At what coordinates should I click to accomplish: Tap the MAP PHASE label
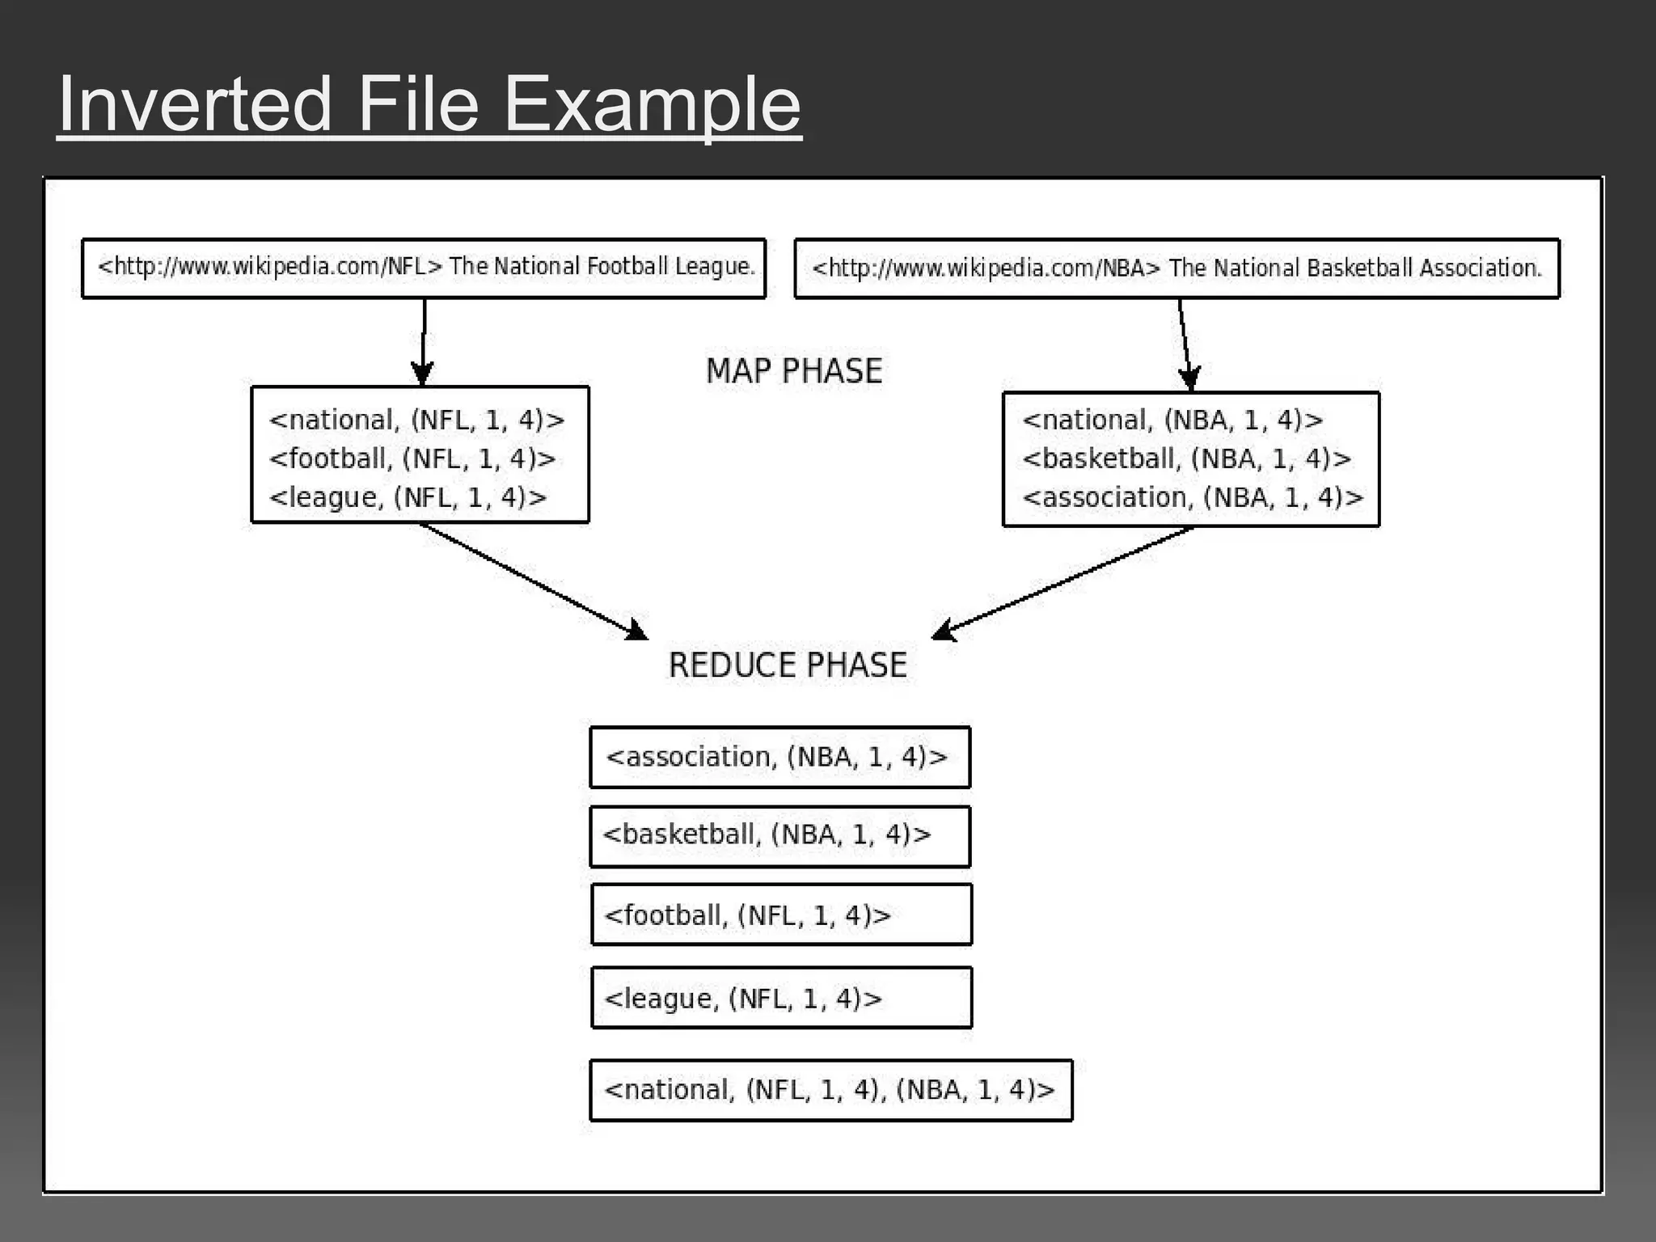(793, 371)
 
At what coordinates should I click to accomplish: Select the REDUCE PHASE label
(788, 665)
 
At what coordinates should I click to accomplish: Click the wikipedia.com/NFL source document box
(424, 268)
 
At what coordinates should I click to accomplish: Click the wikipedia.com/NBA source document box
(1177, 268)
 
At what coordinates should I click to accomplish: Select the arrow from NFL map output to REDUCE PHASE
(534, 581)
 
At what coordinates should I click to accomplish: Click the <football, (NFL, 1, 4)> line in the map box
(412, 458)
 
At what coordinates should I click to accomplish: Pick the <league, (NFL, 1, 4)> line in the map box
(408, 497)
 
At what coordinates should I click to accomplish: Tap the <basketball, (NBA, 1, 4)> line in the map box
(1186, 458)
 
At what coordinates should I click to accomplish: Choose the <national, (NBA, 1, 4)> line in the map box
(1172, 420)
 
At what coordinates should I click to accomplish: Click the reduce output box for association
(779, 757)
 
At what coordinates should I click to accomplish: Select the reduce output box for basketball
(779, 836)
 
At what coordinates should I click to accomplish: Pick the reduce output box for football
(781, 915)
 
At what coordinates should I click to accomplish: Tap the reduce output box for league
(781, 998)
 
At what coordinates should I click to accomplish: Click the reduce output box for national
(830, 1090)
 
